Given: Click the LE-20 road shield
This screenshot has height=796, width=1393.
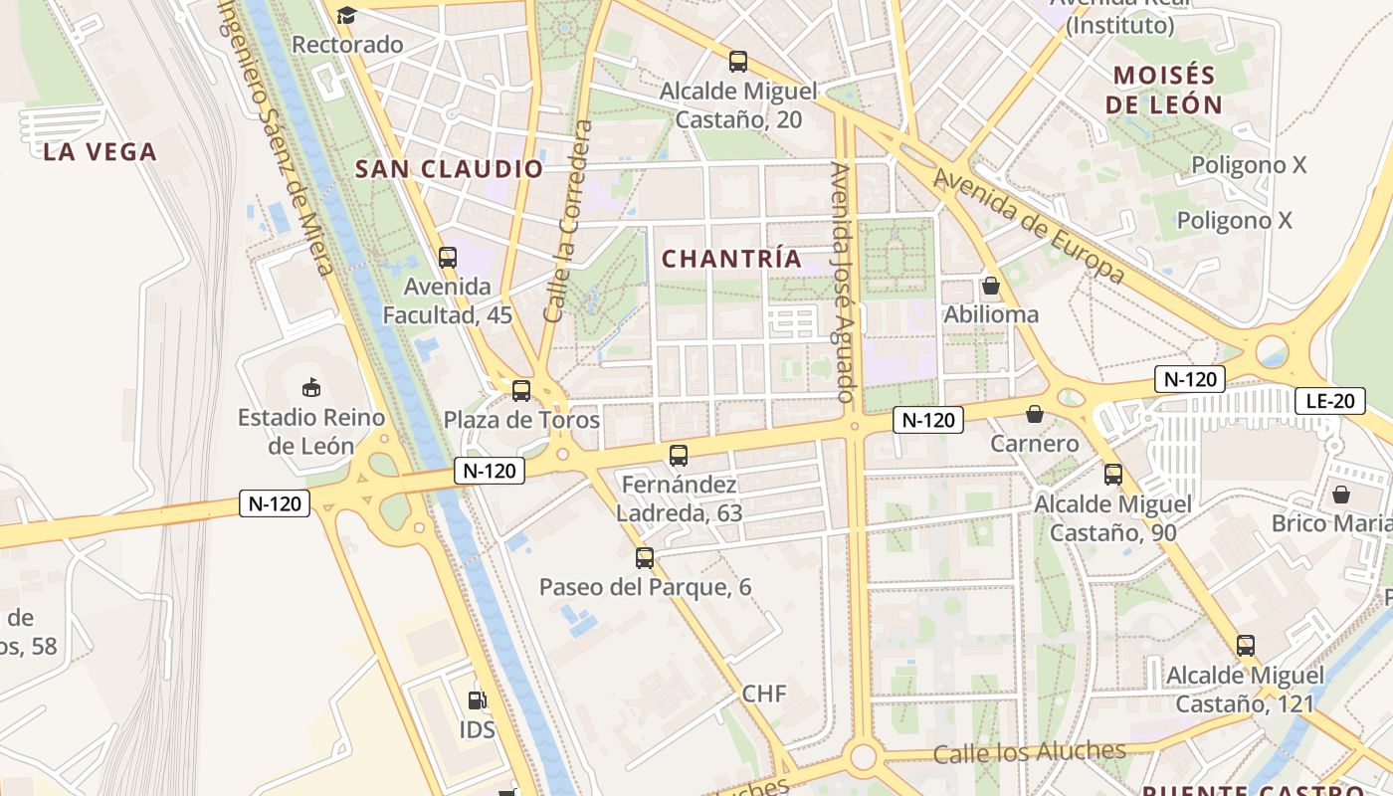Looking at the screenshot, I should pos(1329,402).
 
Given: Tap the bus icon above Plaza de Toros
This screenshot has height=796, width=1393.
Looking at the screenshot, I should pos(520,390).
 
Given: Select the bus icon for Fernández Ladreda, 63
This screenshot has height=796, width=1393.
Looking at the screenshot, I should pos(679,456).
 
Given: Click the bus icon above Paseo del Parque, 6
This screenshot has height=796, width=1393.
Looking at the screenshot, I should pos(645,557).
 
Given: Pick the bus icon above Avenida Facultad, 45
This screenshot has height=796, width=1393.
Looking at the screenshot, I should pos(448,257).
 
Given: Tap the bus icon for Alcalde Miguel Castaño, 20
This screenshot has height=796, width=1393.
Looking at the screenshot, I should pos(738,62).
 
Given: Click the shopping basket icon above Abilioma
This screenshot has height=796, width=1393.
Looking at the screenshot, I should pos(990,286).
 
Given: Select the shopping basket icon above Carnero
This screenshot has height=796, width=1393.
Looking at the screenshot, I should pos(1035,414).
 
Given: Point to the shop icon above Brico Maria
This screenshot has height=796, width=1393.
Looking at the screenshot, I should pos(1341,494).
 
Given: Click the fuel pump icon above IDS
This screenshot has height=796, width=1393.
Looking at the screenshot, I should pos(478,699).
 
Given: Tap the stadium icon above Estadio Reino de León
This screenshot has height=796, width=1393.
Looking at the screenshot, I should pos(311,386).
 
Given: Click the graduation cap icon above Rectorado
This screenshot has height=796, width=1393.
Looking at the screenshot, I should pos(346,15).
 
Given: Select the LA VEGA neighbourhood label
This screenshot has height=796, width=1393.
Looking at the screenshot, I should pos(100,152).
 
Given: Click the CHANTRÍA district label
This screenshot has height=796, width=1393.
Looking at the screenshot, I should pos(731,259).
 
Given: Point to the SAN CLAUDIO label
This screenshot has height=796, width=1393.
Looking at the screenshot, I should pos(450,169).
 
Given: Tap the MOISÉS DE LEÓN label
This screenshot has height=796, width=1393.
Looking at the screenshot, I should pos(1165,90).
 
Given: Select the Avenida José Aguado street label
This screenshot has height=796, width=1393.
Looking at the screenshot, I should pos(843,283).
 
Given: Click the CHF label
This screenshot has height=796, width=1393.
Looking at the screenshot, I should pos(764,694).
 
